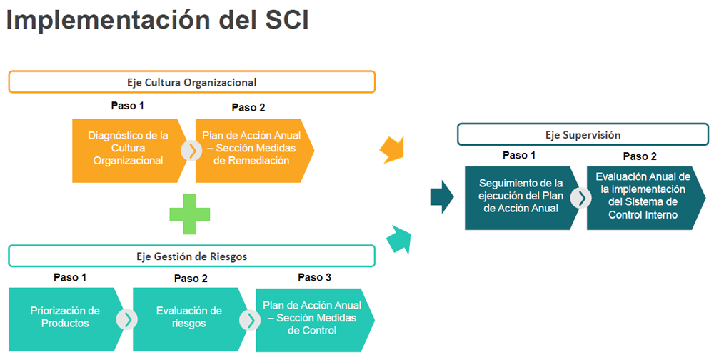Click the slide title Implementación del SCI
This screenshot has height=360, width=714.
click(x=158, y=20)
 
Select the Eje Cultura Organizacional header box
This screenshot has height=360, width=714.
click(x=191, y=82)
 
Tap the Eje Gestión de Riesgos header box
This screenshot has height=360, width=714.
click(x=191, y=256)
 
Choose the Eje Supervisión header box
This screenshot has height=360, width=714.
click(x=583, y=134)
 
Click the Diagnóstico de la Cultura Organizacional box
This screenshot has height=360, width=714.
click(x=129, y=151)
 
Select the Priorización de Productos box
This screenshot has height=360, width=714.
click(x=66, y=319)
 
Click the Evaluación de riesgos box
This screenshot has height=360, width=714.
click(x=190, y=319)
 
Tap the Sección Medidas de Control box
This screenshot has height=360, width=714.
click(x=314, y=319)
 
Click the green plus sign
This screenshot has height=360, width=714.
click(x=189, y=214)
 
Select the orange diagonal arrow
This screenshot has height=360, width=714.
click(x=393, y=149)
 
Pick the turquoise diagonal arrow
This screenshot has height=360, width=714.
click(x=399, y=239)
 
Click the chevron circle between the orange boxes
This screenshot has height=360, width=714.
click(x=191, y=151)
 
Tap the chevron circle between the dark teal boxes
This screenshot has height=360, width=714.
click(x=581, y=198)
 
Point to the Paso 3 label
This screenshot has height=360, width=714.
click(x=314, y=277)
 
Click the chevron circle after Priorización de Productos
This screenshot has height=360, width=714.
click(x=127, y=319)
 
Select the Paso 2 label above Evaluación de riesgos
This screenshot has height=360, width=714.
click(x=191, y=279)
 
